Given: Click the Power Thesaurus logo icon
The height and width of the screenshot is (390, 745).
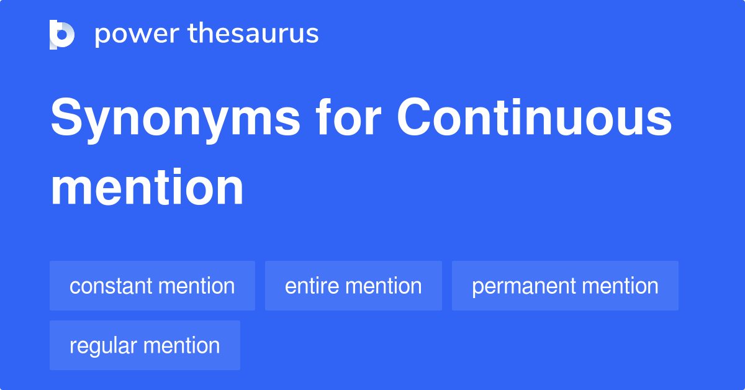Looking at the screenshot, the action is click(62, 35).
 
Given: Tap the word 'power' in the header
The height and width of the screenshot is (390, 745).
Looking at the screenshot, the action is click(137, 35).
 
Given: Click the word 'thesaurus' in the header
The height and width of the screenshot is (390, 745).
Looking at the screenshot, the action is click(253, 33).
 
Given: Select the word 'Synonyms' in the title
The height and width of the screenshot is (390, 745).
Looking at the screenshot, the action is click(176, 120).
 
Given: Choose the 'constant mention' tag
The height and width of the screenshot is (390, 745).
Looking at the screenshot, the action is click(152, 286).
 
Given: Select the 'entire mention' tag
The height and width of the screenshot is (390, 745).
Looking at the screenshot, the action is click(353, 286).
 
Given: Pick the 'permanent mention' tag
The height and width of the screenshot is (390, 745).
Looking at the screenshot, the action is click(565, 286).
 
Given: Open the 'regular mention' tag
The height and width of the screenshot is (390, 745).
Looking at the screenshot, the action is click(145, 345).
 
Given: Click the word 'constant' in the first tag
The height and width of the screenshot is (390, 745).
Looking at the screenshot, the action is click(111, 286).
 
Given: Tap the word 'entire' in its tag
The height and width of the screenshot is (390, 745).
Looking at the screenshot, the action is click(311, 286).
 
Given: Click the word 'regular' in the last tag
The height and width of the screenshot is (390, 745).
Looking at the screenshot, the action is click(104, 347).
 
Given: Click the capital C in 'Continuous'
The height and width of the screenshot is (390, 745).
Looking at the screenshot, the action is click(413, 117).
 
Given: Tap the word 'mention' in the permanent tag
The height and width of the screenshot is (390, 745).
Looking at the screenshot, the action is click(620, 286).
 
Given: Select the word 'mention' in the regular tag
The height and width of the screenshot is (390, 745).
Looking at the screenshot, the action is click(181, 345).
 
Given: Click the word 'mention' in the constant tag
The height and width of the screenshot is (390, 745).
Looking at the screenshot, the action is click(197, 286).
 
